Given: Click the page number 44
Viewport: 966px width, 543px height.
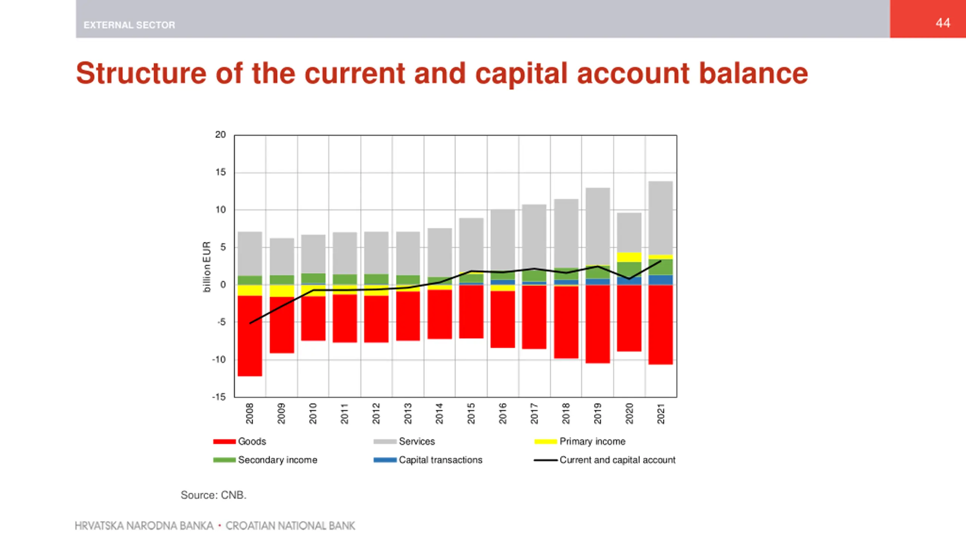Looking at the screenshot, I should click(942, 23).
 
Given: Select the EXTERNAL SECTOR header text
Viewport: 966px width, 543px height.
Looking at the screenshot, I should click(129, 25).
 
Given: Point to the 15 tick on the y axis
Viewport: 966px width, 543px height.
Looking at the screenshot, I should click(220, 172).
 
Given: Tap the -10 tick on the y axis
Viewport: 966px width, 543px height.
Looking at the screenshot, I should click(219, 359).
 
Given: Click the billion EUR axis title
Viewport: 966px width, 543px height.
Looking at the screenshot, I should click(206, 267).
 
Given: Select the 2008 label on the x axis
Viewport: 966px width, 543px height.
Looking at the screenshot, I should click(250, 413).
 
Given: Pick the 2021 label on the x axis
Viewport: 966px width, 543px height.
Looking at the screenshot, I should click(661, 413).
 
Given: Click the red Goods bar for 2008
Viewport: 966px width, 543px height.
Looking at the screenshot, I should click(250, 336).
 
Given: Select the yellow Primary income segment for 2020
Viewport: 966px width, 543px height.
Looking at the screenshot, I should click(629, 257).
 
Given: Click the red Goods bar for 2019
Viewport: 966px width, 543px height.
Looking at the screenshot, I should click(598, 324).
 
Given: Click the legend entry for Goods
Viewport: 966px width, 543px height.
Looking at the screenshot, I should click(240, 441).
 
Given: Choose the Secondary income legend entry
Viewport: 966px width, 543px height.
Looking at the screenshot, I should click(266, 460).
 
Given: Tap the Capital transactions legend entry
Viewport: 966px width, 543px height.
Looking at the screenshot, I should click(428, 460).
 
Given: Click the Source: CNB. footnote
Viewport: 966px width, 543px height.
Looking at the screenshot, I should click(214, 495).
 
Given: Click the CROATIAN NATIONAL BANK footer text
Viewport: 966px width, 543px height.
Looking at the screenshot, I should click(290, 526).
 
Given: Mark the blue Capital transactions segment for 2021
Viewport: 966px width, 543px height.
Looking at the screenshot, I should click(661, 280).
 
